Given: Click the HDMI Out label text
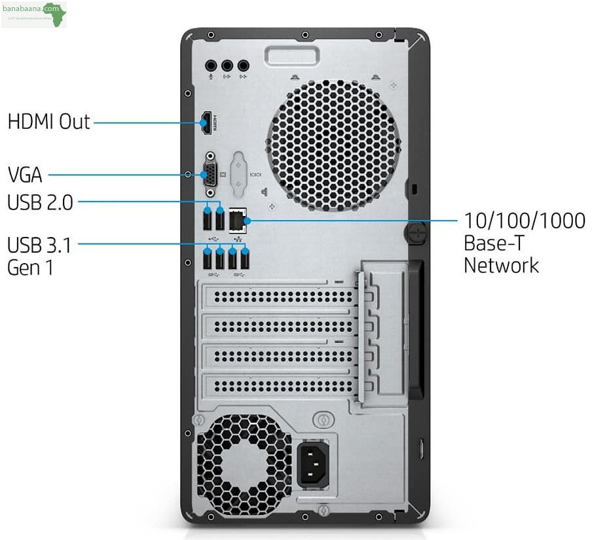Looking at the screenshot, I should pyautogui.click(x=48, y=122).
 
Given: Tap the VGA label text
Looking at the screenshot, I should pyautogui.click(x=25, y=175).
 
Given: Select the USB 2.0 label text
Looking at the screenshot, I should pyautogui.click(x=40, y=203).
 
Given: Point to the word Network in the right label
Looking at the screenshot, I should pyautogui.click(x=501, y=265).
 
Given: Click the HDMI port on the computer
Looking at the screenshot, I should pyautogui.click(x=207, y=122).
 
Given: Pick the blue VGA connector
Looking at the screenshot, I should pyautogui.click(x=211, y=174).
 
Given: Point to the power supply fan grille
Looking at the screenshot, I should pyautogui.click(x=242, y=458).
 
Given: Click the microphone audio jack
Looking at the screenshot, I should pyautogui.click(x=211, y=65).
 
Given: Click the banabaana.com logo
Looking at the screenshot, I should pyautogui.click(x=34, y=14).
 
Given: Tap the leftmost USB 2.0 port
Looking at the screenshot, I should pyautogui.click(x=208, y=220).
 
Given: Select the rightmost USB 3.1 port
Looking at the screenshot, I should pyautogui.click(x=245, y=260).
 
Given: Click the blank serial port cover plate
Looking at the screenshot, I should pyautogui.click(x=238, y=173).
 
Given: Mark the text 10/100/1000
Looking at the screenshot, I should pyautogui.click(x=524, y=221).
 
